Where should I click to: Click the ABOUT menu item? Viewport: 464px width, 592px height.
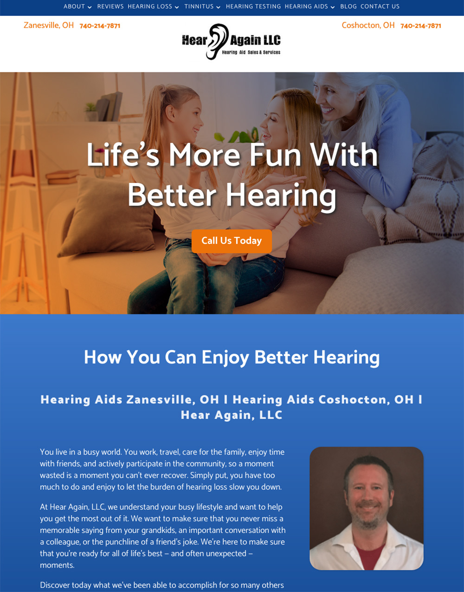tap(77, 7)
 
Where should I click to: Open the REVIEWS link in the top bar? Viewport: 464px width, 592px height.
tap(110, 7)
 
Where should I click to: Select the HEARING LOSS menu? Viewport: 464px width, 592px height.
tap(153, 7)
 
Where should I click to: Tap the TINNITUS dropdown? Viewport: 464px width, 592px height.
tap(202, 7)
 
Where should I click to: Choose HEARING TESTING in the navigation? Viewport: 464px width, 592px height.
tap(253, 7)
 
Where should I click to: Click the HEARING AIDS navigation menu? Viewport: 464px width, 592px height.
tap(309, 7)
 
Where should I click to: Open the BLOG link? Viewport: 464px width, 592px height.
tap(348, 7)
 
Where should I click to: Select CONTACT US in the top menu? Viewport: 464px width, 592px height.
tap(380, 7)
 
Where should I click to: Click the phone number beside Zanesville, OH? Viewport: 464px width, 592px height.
tap(100, 26)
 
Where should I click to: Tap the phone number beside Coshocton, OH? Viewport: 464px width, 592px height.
tap(421, 26)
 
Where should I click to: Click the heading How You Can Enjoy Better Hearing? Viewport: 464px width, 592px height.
tap(232, 358)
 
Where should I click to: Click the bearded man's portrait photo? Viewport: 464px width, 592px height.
tap(367, 508)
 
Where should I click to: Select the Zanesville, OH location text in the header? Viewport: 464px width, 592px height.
tap(49, 26)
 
